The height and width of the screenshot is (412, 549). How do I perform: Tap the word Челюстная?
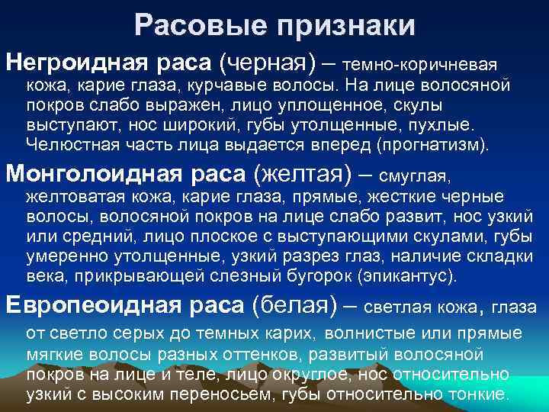(x=66, y=143)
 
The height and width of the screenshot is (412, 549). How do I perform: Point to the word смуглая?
(x=415, y=179)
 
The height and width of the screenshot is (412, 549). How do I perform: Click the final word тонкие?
(x=477, y=394)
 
